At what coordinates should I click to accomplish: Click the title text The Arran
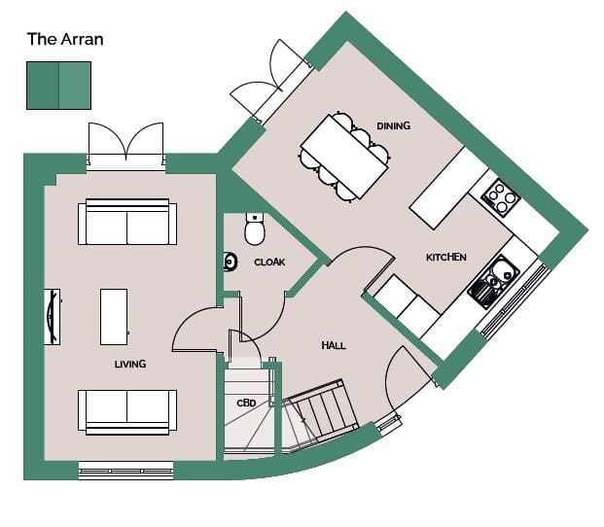coord(65,39)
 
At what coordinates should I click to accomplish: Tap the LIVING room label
coord(130,364)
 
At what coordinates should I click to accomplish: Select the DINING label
coord(393,125)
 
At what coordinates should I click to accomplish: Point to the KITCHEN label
coord(446,257)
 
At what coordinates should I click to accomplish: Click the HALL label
coord(334,345)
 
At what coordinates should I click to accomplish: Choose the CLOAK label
coord(269,263)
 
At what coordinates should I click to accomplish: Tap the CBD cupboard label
coord(246,404)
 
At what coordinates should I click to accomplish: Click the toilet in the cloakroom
coord(255,228)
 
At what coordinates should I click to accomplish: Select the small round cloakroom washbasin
coord(230,262)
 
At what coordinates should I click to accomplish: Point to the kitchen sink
coord(494,281)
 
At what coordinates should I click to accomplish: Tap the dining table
coord(344,157)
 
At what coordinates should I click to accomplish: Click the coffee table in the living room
coord(114,317)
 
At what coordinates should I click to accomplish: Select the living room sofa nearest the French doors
coord(127,222)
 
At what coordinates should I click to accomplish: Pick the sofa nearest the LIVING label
coord(127,412)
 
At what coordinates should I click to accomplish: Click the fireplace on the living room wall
coord(53,317)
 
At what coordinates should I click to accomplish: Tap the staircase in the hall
coord(319,415)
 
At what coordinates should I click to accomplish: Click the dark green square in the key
coord(43,86)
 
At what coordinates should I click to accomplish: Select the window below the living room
coord(126,471)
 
